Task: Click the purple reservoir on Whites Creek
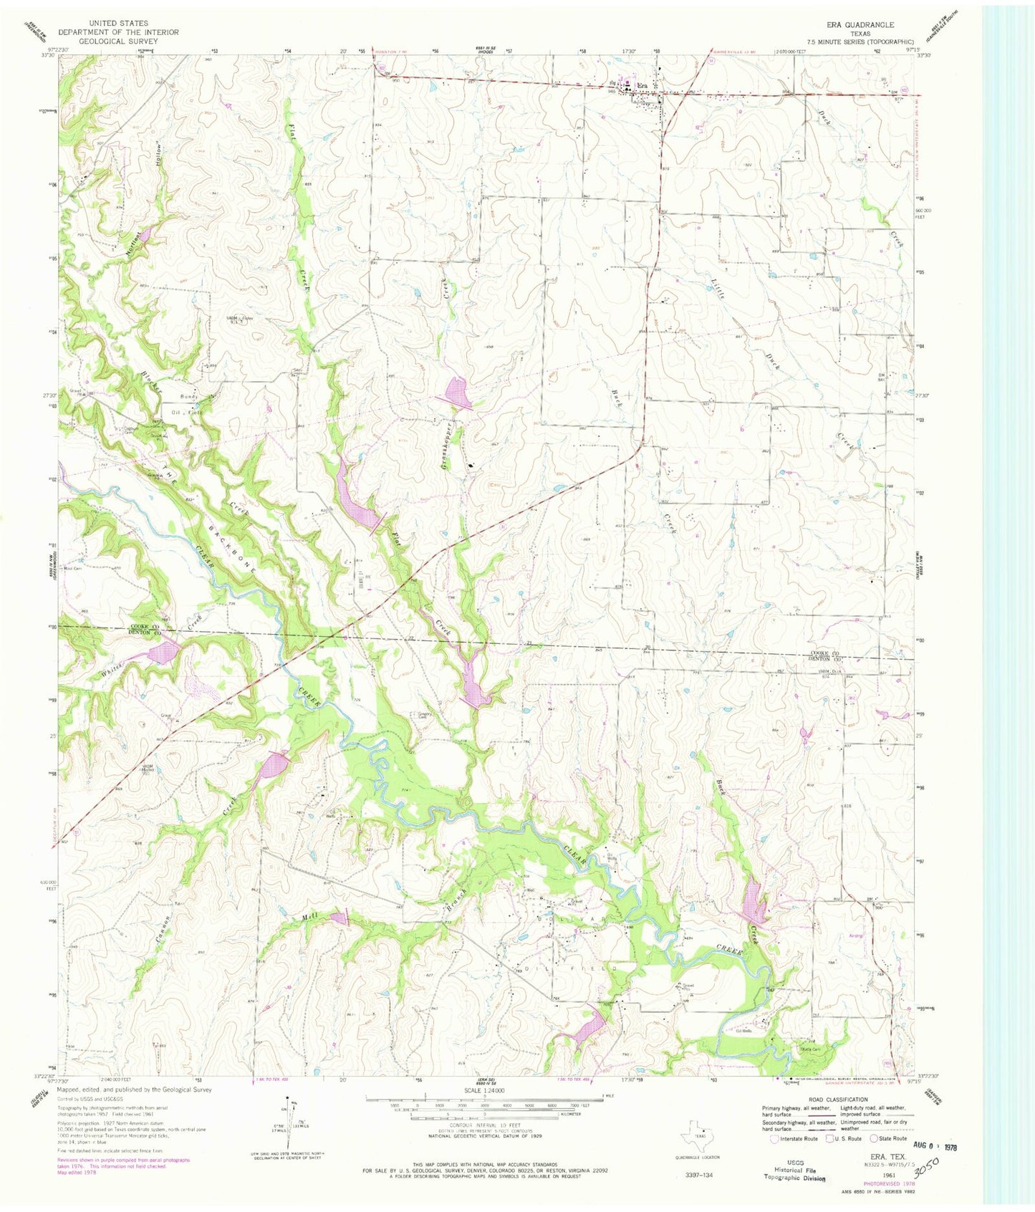pos(164,653)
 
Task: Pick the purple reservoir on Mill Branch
pos(339,918)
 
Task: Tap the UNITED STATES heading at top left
pos(118,24)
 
